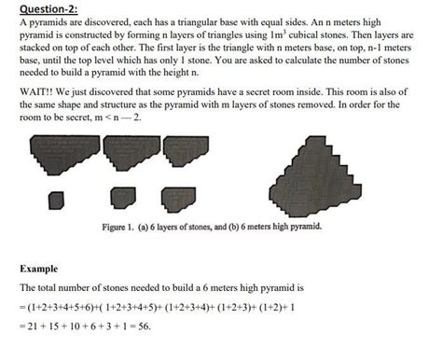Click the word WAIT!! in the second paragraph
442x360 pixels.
[35, 94]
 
